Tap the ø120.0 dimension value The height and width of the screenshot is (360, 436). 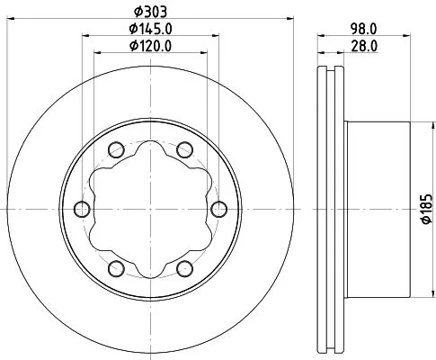tap(150, 45)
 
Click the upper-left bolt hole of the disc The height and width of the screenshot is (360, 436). tap(115, 149)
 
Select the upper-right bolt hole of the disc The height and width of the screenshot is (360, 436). tap(184, 149)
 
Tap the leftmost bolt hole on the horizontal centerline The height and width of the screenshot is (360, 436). tap(81, 209)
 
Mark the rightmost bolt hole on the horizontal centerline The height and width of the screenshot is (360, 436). tap(219, 209)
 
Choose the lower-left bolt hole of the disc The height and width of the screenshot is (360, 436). tap(115, 268)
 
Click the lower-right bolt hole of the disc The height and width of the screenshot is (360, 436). tap(184, 268)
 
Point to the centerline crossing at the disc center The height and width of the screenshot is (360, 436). tap(150, 209)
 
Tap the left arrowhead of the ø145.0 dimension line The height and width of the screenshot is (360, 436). tap(86, 35)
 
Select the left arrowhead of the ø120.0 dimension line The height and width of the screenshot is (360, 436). tap(99, 53)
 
